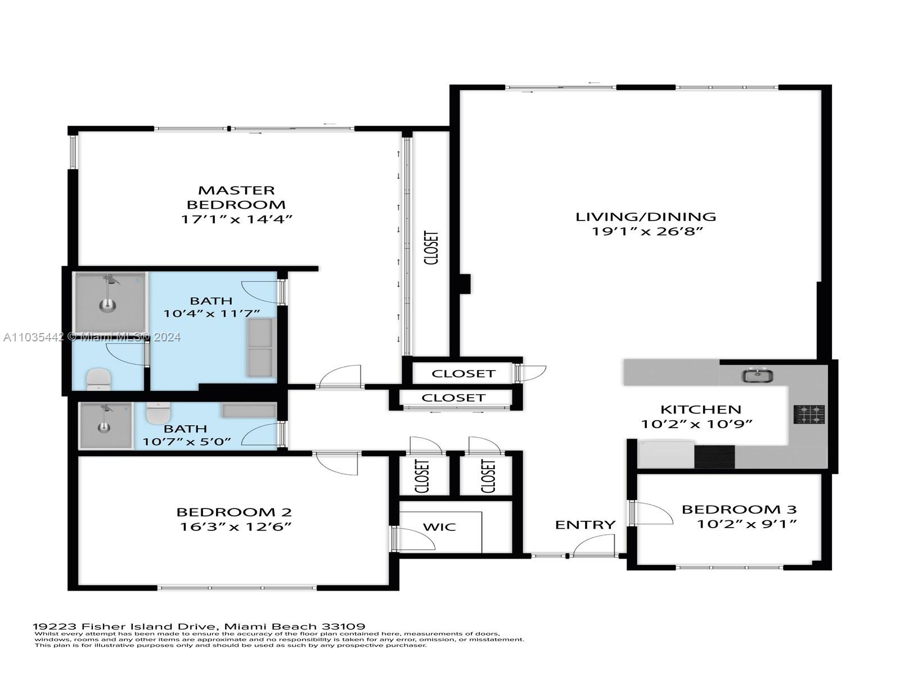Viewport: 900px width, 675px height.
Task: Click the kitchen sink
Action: pos(757,375)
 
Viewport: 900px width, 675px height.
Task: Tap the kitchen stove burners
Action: pos(809,415)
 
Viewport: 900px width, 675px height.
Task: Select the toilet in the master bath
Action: pos(99,379)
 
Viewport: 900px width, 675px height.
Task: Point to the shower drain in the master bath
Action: pos(108,305)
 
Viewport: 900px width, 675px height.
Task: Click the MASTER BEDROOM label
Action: pos(236,197)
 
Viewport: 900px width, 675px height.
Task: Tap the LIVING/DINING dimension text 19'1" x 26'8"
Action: pos(647,231)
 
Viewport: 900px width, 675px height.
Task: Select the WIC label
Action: pos(439,527)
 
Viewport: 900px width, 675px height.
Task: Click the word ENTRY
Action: pos(585,525)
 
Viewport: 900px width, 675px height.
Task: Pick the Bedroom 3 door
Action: pos(652,513)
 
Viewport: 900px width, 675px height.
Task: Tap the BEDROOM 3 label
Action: pos(739,510)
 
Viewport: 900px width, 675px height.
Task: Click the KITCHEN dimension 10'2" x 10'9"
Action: pos(697,424)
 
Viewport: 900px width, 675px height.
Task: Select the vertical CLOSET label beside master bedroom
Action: pos(431,247)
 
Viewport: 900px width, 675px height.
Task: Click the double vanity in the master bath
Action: pos(260,347)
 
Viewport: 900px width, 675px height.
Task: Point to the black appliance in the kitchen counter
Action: pos(714,456)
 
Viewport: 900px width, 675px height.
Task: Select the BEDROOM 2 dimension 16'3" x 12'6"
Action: pos(235,526)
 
